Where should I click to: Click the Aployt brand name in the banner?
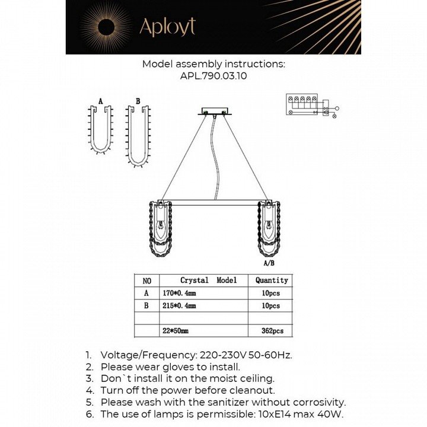167,27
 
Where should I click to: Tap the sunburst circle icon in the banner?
106,27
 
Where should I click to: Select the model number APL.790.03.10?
213,77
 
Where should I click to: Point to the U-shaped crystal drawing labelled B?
138,133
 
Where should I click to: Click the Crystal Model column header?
208,280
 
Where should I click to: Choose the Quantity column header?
271,280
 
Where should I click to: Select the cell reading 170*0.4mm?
179,293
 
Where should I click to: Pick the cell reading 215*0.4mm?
179,306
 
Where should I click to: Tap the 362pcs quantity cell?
271,331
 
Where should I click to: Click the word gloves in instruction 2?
187,367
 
